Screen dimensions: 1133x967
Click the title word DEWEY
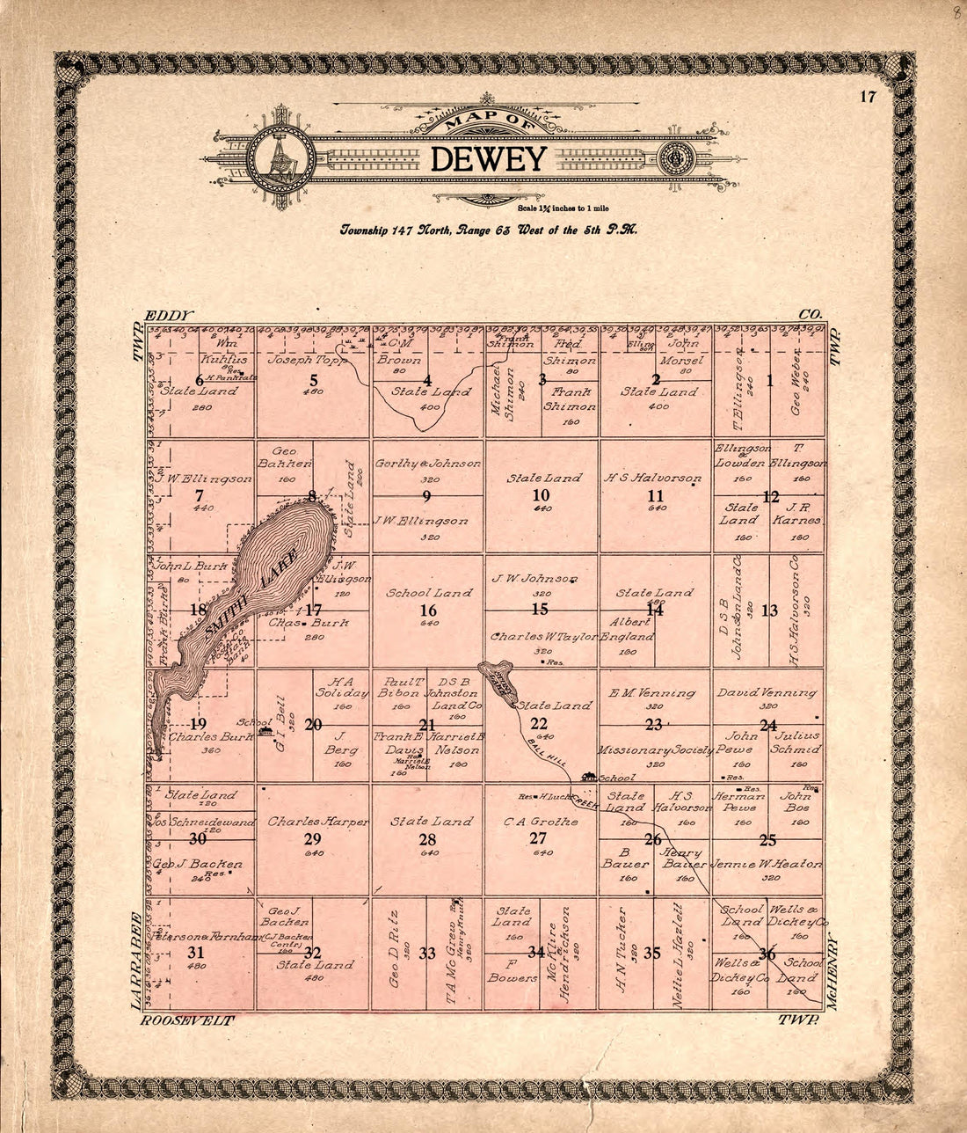[x=489, y=159]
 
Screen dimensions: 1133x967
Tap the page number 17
[x=868, y=97]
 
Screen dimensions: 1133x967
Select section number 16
[x=427, y=610]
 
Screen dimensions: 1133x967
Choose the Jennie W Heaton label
[x=767, y=864]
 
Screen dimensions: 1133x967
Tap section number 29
[x=313, y=838]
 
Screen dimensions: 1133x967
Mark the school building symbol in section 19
[x=265, y=732]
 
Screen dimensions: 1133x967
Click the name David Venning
[x=767, y=692]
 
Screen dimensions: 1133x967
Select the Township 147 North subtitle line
[x=489, y=230]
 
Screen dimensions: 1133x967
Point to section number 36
[x=767, y=954]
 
